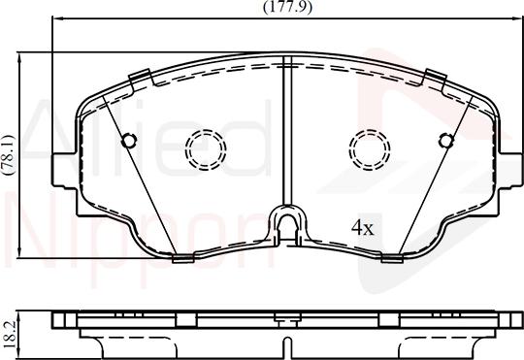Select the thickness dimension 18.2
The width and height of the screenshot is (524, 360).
tap(9, 330)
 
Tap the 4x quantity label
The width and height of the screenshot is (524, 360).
tap(362, 229)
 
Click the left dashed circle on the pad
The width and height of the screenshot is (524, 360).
tap(205, 147)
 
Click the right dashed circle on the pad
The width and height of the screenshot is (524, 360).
tap(368, 147)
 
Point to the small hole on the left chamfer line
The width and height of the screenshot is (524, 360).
tap(126, 141)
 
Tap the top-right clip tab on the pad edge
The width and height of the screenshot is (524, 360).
tap(434, 76)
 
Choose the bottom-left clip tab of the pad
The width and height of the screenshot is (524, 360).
tap(181, 258)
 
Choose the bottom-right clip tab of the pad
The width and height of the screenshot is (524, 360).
tap(391, 257)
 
